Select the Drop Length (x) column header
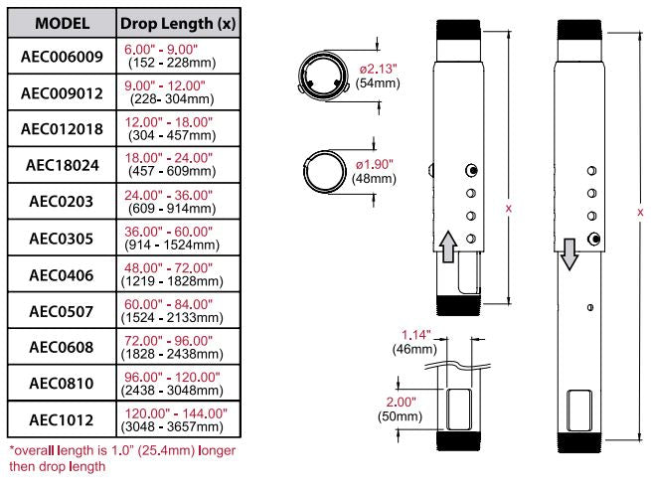(x=177, y=21)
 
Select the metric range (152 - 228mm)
(x=168, y=65)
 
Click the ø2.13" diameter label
(x=375, y=69)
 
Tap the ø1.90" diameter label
(x=375, y=163)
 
